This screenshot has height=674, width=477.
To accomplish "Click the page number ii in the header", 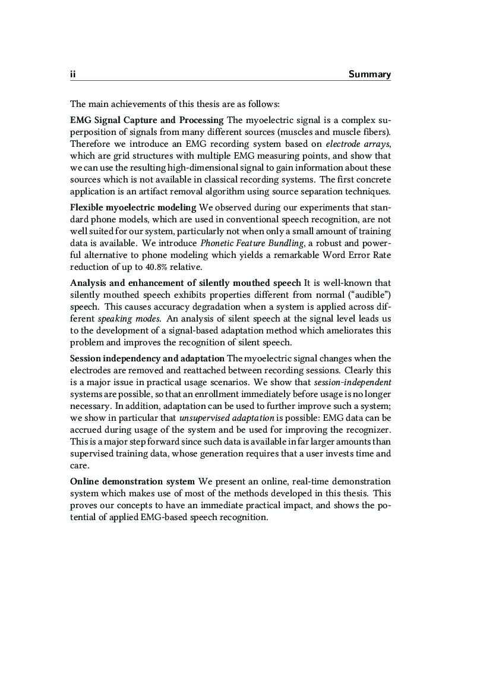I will (72, 74).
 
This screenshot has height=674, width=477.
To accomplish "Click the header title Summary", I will (369, 74).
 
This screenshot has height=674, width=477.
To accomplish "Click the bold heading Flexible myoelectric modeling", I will (133, 207).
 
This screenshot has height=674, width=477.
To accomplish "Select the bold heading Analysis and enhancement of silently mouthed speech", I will (186, 283).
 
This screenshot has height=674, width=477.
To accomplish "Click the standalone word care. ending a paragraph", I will (78, 466).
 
